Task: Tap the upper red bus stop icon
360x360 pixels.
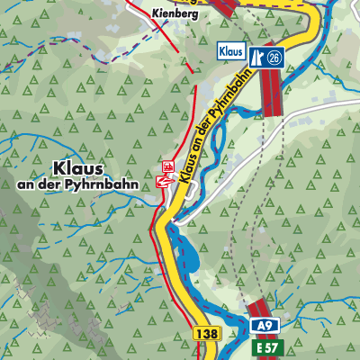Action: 166,166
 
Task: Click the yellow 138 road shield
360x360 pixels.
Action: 204,333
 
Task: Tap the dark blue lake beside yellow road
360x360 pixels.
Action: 187,256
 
